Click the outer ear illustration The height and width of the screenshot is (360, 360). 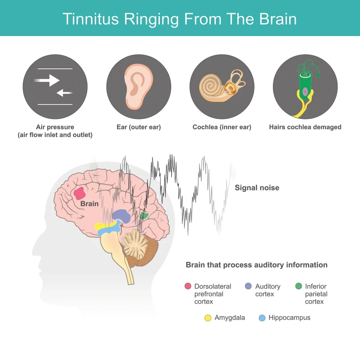click(138, 87)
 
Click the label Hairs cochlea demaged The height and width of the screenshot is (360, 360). click(305, 127)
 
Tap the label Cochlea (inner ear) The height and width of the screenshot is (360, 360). click(222, 127)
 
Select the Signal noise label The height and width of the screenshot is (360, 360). click(257, 188)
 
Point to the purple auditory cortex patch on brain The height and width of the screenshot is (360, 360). click(122, 216)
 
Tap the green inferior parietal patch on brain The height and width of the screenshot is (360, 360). click(144, 216)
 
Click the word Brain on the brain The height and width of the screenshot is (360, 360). click(89, 204)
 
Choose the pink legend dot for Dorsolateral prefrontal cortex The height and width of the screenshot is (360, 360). click(188, 286)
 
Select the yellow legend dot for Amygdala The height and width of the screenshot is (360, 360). click(208, 318)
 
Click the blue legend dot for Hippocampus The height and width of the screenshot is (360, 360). click(262, 318)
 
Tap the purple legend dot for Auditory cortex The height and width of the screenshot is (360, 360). click(248, 286)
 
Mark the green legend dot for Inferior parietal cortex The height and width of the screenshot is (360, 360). click(298, 286)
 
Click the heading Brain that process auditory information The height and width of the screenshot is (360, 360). click(256, 265)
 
